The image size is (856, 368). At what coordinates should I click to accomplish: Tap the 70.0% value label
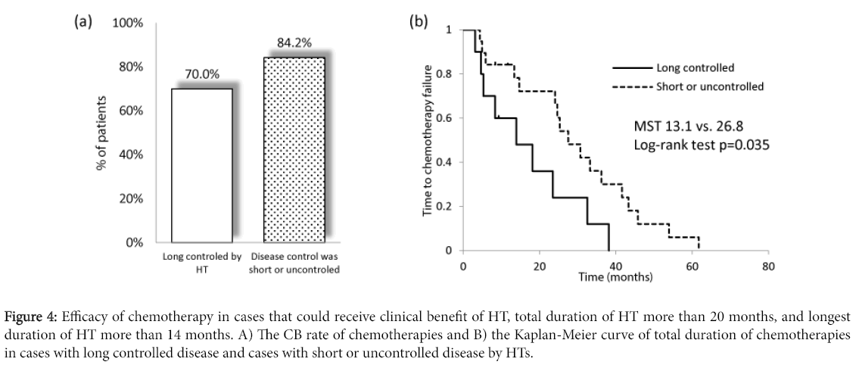202,74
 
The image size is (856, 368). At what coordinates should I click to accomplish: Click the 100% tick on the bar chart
127,23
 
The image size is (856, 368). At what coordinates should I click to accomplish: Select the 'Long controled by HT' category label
201,262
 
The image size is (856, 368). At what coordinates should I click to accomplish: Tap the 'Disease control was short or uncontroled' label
294,262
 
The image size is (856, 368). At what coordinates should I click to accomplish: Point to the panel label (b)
419,21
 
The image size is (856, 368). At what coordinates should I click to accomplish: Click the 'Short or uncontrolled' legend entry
710,86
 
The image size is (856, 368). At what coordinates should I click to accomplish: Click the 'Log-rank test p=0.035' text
701,145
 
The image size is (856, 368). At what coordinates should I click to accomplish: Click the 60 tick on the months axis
692,267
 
